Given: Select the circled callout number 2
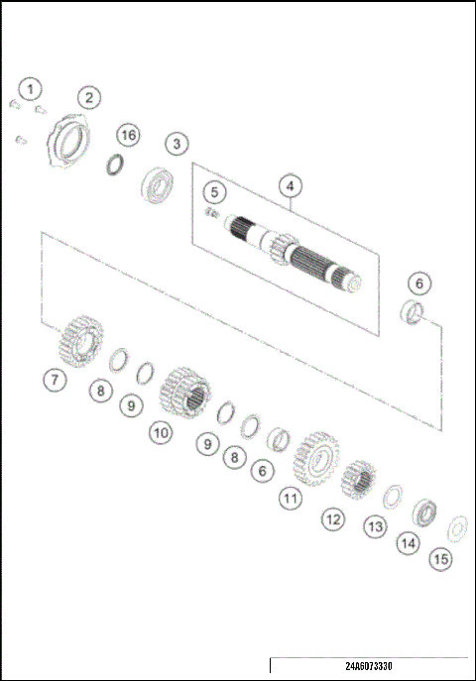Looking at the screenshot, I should (89, 97).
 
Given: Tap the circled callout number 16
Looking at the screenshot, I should (127, 134).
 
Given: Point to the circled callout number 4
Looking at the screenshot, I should (290, 185).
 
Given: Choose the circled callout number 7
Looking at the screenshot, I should (56, 379).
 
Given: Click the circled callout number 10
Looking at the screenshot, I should (161, 431).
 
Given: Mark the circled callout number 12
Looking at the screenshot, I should (332, 517).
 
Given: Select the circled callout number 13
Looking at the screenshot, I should (374, 527).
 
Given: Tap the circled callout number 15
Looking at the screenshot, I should (441, 559).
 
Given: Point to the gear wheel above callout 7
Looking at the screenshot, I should (79, 339).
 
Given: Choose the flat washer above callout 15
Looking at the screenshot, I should (457, 524).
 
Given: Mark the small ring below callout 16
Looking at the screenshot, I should (116, 164).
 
